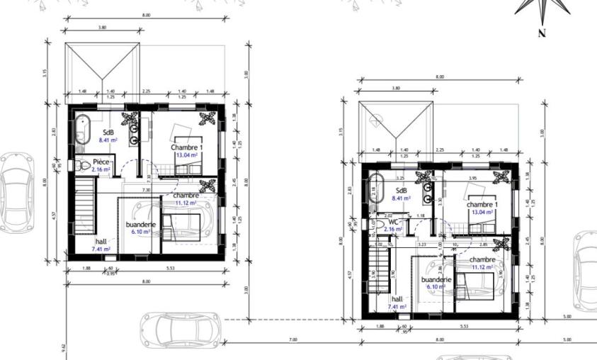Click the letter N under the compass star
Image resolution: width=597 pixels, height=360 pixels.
click(x=542, y=33)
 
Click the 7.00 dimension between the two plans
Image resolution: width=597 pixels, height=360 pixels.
click(x=292, y=340)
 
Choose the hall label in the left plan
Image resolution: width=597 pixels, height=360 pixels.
click(x=101, y=242)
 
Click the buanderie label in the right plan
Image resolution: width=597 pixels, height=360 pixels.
click(x=436, y=280)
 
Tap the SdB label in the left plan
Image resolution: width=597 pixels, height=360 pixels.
click(x=108, y=133)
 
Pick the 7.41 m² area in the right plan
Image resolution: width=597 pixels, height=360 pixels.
click(x=397, y=307)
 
